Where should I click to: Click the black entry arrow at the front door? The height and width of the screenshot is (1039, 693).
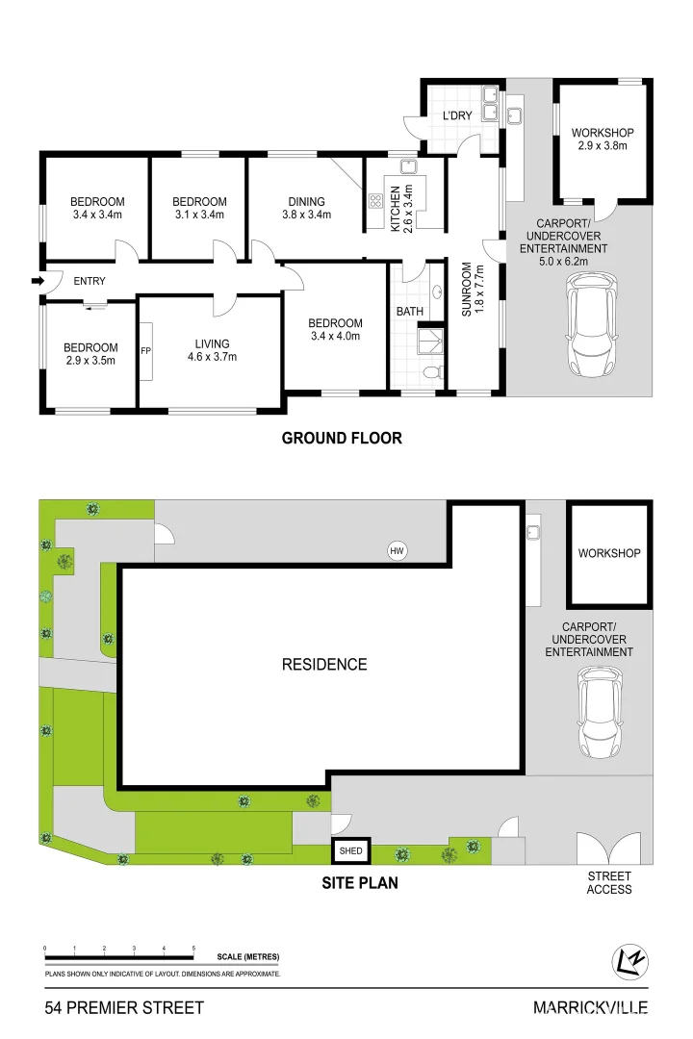pyautogui.click(x=38, y=281)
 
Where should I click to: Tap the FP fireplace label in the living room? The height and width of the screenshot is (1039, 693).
pyautogui.click(x=146, y=351)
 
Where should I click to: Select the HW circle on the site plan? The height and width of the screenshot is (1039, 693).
pyautogui.click(x=397, y=550)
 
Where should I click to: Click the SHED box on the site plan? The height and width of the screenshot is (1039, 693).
pyautogui.click(x=350, y=850)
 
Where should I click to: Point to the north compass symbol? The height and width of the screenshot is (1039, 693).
pyautogui.click(x=629, y=961)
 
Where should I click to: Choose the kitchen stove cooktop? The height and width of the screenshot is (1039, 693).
pyautogui.click(x=375, y=201)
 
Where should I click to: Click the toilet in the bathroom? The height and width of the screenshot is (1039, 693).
pyautogui.click(x=432, y=373)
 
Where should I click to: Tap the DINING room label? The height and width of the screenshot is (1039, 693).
pyautogui.click(x=306, y=201)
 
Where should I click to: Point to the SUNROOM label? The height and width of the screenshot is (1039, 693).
pyautogui.click(x=466, y=290)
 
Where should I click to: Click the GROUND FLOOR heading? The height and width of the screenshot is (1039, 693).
pyautogui.click(x=343, y=438)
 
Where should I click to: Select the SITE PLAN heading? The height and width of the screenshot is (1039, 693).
pyautogui.click(x=360, y=882)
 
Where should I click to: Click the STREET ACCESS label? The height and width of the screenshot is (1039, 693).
pyautogui.click(x=608, y=882)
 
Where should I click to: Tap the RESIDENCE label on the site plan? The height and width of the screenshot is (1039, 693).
pyautogui.click(x=324, y=665)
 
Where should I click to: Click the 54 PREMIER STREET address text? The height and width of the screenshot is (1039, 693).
pyautogui.click(x=124, y=1008)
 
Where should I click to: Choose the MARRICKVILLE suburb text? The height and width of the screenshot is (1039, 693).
pyautogui.click(x=590, y=1008)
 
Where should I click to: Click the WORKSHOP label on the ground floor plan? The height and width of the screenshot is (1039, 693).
pyautogui.click(x=603, y=133)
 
